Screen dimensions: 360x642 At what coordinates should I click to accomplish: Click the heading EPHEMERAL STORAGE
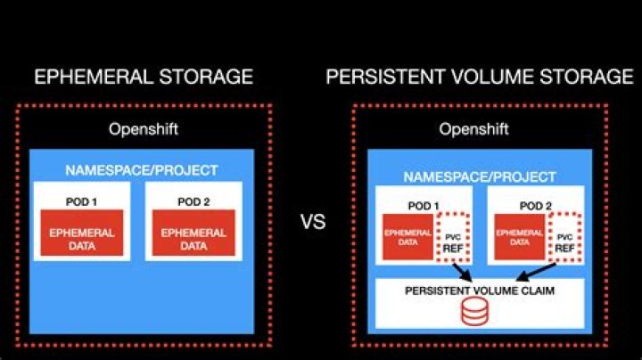point(143,76)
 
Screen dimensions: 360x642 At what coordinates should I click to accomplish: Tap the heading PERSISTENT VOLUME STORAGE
point(480,76)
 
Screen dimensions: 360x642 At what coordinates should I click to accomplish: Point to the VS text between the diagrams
point(312,223)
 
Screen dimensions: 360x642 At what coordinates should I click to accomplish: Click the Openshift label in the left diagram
point(144,129)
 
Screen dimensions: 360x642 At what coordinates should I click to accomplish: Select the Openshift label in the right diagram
point(473,129)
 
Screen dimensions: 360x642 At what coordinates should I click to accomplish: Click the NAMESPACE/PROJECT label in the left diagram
point(142,170)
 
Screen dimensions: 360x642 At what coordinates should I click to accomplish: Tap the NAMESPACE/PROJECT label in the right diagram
point(479,176)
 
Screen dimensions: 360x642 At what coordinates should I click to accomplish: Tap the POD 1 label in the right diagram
point(423,206)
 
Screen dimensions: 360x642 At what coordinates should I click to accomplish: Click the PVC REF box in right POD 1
point(454,239)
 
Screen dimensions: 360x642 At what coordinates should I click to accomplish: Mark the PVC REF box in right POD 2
point(564,239)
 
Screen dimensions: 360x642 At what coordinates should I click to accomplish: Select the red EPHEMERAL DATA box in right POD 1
point(407,236)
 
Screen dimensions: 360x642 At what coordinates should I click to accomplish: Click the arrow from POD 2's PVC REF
point(539,269)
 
